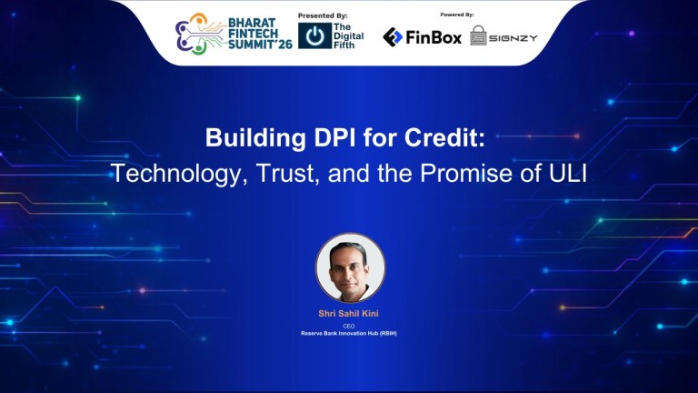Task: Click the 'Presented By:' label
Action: tap(324, 15)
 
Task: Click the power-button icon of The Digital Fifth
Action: tap(314, 35)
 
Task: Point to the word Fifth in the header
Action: tap(344, 43)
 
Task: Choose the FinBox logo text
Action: tap(435, 36)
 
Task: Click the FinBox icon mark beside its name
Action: tap(393, 36)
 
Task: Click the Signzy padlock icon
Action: tap(479, 35)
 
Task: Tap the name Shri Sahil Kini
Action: tap(350, 314)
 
